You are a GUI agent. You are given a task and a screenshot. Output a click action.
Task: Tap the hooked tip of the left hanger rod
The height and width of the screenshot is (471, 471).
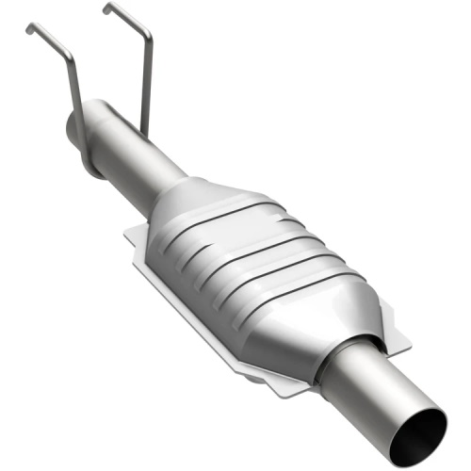28,28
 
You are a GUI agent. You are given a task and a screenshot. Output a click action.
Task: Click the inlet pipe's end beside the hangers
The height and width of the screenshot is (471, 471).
73,127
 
